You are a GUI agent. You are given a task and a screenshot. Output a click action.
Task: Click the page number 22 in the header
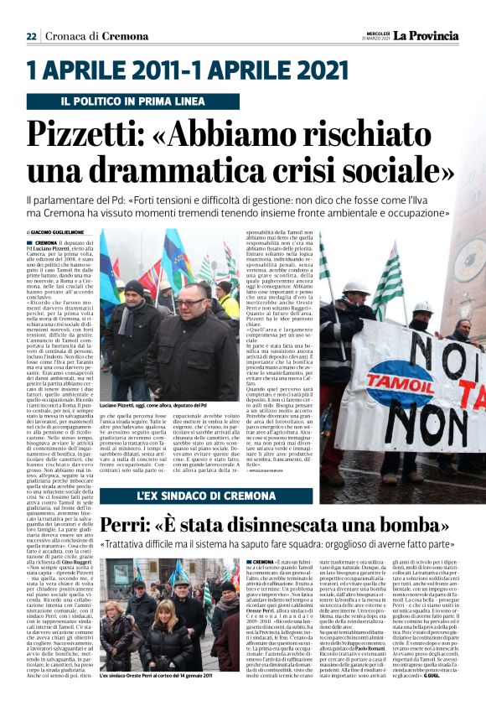point(31,36)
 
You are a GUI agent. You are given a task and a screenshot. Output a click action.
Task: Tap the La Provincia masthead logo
point(427,35)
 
